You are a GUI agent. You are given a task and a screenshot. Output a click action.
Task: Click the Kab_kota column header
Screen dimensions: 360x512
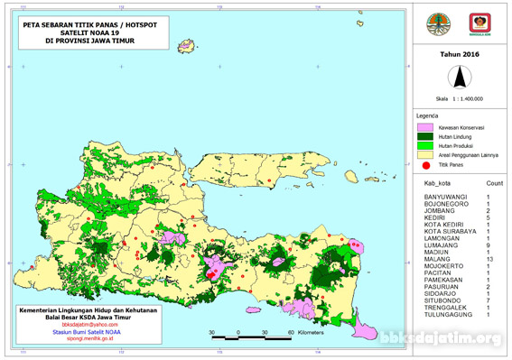(x=437, y=183)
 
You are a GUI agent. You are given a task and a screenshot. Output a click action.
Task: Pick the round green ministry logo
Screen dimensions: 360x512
(x=442, y=23)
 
